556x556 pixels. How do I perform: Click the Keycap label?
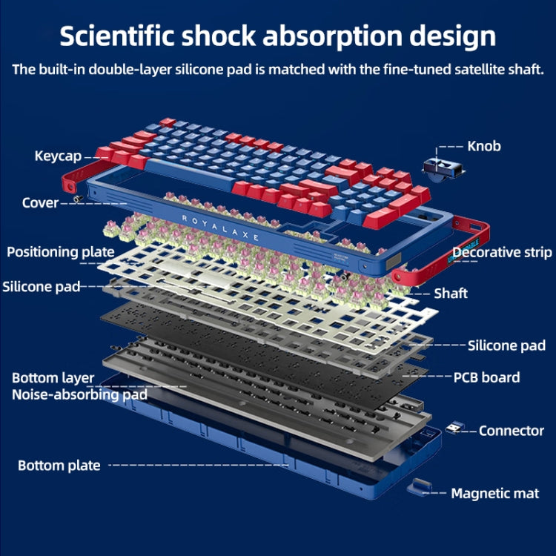(x=58, y=156)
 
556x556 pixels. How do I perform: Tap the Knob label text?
(x=483, y=146)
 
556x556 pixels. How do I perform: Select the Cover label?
(x=40, y=202)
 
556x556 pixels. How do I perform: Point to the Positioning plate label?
(x=61, y=252)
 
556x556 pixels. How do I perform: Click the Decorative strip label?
(x=502, y=253)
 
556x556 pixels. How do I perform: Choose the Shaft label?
(x=451, y=294)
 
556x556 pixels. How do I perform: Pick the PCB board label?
(x=486, y=377)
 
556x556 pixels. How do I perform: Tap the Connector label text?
(x=512, y=431)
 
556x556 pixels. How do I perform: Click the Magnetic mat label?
(x=495, y=493)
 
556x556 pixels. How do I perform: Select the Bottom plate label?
(x=59, y=466)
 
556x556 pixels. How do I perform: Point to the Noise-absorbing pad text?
(x=79, y=394)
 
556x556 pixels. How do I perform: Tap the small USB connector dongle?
(x=454, y=428)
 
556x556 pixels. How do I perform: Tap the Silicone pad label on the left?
(x=41, y=287)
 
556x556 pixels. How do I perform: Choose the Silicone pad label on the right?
(x=506, y=345)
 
